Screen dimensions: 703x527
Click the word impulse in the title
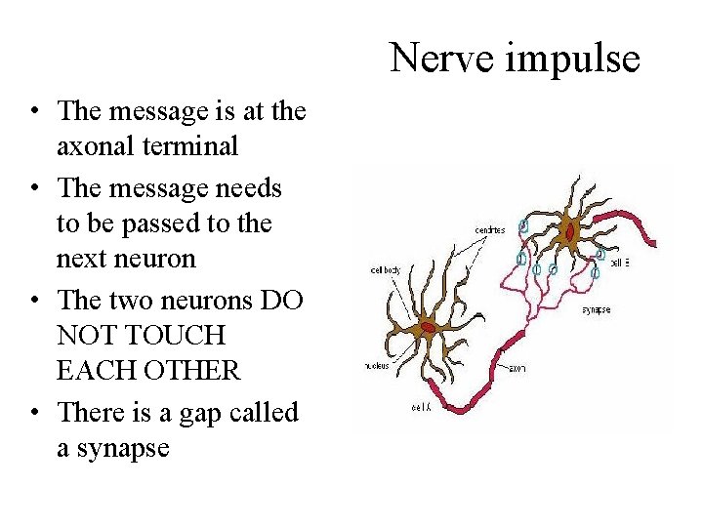coord(571,60)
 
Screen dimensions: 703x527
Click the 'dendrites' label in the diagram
coord(490,230)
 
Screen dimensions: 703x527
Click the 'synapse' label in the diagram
coord(596,309)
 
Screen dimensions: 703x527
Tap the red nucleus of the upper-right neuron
coord(569,232)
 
